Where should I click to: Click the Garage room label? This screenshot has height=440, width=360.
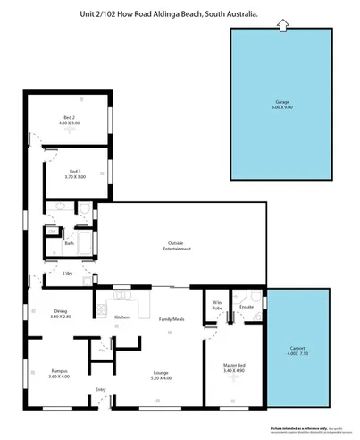pyautogui.click(x=281, y=101)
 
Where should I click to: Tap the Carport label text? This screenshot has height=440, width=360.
pyautogui.click(x=298, y=349)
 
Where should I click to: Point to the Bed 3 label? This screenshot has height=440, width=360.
pyautogui.click(x=75, y=172)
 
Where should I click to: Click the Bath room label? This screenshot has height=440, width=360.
pyautogui.click(x=69, y=243)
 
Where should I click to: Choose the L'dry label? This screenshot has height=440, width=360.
pyautogui.click(x=67, y=274)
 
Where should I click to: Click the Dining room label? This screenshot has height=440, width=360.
pyautogui.click(x=61, y=311)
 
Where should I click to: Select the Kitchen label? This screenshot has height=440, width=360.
pyautogui.click(x=122, y=317)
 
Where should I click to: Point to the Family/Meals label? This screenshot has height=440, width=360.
pyautogui.click(x=172, y=318)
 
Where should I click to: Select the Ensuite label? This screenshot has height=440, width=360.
pyautogui.click(x=247, y=307)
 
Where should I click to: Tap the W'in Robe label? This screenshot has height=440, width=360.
pyautogui.click(x=216, y=305)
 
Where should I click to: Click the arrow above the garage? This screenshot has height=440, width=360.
pyautogui.click(x=282, y=26)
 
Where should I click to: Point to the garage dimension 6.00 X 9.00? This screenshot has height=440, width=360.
pyautogui.click(x=281, y=107)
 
